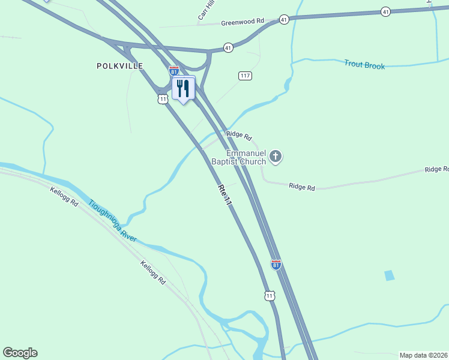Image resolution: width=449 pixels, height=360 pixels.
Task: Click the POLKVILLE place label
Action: (x=120, y=66)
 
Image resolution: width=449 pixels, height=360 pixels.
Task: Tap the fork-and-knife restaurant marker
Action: (x=183, y=89)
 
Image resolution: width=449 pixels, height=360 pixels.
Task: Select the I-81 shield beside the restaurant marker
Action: (x=173, y=71)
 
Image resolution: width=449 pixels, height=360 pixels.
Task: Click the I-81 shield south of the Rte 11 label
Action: (x=276, y=265)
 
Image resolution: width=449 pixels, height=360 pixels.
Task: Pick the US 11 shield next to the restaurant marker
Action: (x=163, y=98)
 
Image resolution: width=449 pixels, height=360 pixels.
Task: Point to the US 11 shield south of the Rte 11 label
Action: (x=270, y=296)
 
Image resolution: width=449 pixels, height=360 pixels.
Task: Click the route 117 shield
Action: (x=245, y=76)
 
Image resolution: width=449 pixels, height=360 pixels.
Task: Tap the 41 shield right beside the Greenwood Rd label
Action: (x=284, y=20)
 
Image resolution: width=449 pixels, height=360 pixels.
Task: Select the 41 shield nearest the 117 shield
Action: (x=228, y=47)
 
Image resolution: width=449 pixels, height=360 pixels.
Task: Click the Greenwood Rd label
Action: (x=243, y=22)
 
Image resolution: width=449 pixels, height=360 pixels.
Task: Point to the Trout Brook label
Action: (x=364, y=65)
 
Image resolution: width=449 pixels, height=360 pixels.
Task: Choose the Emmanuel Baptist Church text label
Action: (x=238, y=157)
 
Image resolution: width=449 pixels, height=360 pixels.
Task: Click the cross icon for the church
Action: (x=276, y=157)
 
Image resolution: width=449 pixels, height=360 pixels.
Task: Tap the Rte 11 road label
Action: (x=224, y=196)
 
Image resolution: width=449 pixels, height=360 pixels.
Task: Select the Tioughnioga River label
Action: (x=113, y=221)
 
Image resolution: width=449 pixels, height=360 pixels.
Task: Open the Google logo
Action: (x=20, y=353)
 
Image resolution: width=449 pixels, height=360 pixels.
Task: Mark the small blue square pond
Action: (x=390, y=275)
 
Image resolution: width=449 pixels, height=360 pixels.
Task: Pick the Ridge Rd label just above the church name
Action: (x=239, y=137)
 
